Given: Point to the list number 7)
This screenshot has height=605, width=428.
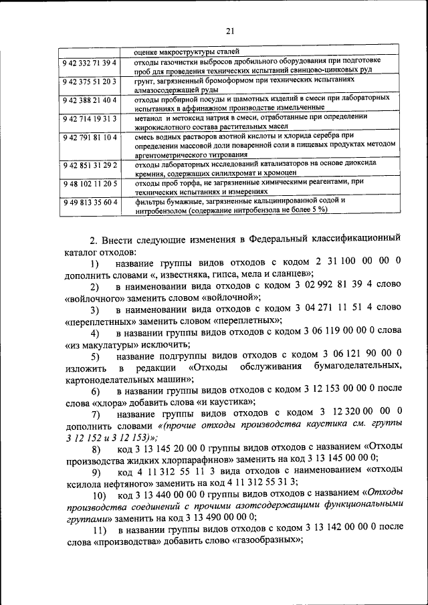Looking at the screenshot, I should coord(96,414).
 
